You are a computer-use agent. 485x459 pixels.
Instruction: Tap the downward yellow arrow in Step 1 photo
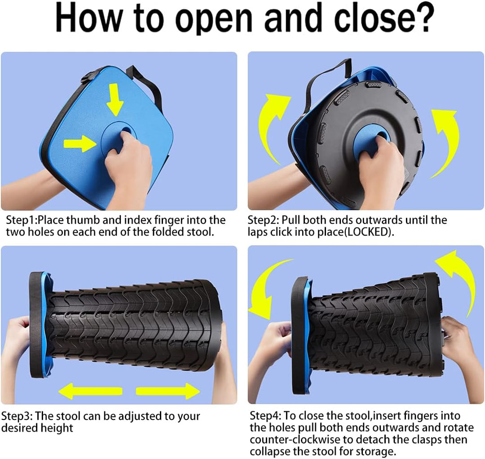[x=115, y=100]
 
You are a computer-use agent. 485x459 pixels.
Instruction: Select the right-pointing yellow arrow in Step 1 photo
[x=80, y=143]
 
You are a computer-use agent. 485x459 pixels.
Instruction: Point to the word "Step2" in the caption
[x=262, y=220]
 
